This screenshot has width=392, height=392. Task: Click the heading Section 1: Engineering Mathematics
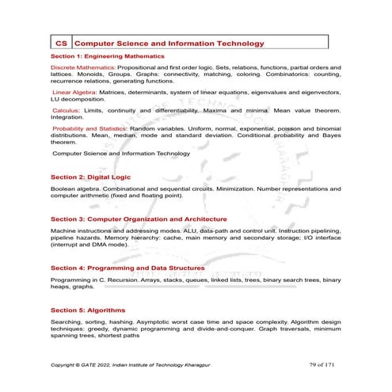(x=107, y=57)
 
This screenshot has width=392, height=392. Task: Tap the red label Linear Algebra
(x=79, y=92)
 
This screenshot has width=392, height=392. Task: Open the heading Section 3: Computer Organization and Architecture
(x=139, y=219)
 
